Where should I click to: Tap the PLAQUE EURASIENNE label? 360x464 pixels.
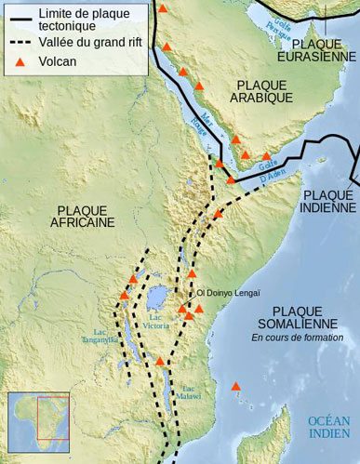coord(322,50)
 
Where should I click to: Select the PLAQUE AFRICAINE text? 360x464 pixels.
coord(85,216)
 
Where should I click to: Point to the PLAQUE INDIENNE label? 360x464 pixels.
coord(328,202)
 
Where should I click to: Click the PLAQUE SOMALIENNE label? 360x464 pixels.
coord(297,316)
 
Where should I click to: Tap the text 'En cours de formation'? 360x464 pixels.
coord(297,338)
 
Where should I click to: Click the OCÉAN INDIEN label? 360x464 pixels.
coord(329,427)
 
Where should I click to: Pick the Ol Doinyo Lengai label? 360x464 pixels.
coord(228,293)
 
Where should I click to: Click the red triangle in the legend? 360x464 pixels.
coord(21,62)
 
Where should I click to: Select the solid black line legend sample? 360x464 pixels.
coord(20,14)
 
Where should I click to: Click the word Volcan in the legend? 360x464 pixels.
coord(59,62)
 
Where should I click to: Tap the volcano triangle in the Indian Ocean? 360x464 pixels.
coord(236,386)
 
